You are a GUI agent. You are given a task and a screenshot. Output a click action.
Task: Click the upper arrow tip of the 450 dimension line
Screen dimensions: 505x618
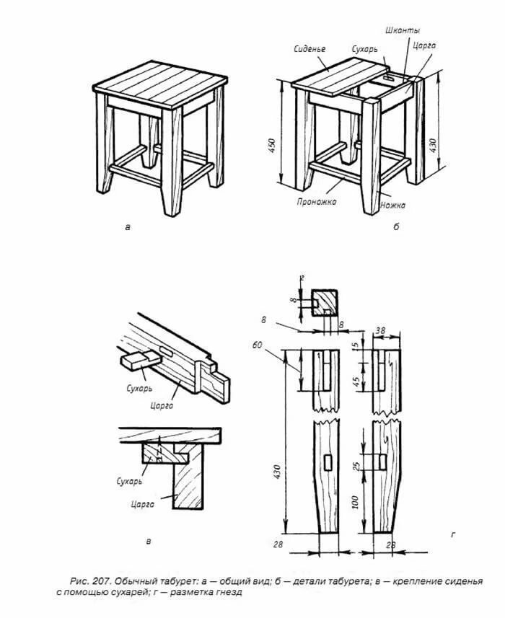281,80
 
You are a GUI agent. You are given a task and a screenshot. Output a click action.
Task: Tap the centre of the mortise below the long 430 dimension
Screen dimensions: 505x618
328,462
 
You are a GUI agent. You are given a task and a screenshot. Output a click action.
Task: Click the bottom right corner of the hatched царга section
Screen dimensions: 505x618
203,508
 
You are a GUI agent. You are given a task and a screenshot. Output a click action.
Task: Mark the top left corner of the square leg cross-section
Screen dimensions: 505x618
312,290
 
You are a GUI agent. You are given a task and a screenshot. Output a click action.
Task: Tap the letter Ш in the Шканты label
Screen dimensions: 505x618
390,30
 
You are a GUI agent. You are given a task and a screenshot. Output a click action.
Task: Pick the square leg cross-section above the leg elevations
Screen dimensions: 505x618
325,303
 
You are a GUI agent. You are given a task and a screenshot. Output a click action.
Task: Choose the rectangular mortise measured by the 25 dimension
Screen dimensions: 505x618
382,462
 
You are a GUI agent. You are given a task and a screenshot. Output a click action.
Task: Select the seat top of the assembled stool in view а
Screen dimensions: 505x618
160,84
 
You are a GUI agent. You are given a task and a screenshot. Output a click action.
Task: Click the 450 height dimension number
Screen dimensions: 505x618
273,146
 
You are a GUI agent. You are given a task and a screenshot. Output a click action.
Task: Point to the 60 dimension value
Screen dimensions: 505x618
257,345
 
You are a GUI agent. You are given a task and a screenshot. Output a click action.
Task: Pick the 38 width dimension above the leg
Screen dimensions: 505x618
380,330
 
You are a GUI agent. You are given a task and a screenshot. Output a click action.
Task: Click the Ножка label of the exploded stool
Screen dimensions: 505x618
392,205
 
